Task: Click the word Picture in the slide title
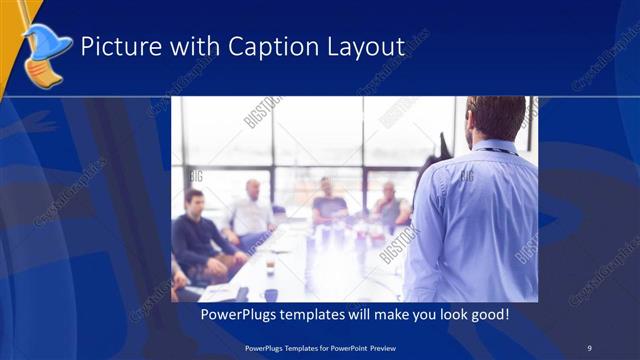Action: point(113,46)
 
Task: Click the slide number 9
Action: point(589,347)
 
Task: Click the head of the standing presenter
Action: point(496,117)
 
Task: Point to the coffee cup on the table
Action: point(270,264)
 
